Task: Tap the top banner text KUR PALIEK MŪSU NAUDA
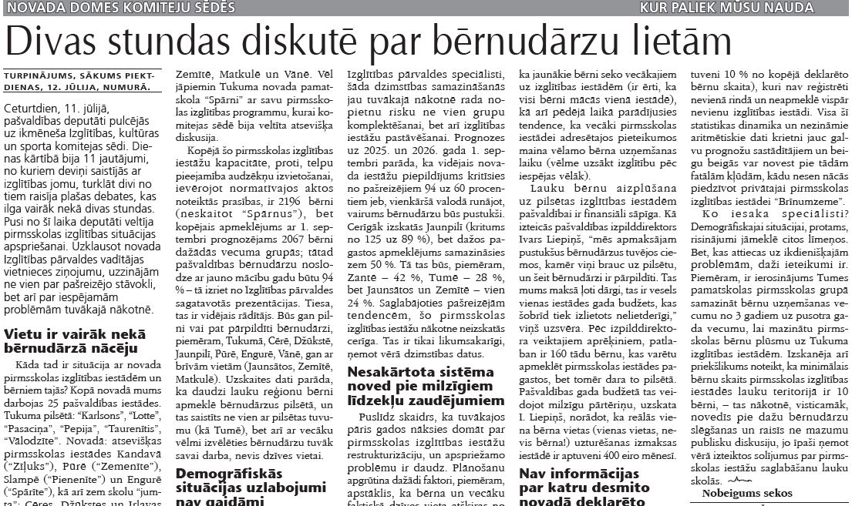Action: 727,8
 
